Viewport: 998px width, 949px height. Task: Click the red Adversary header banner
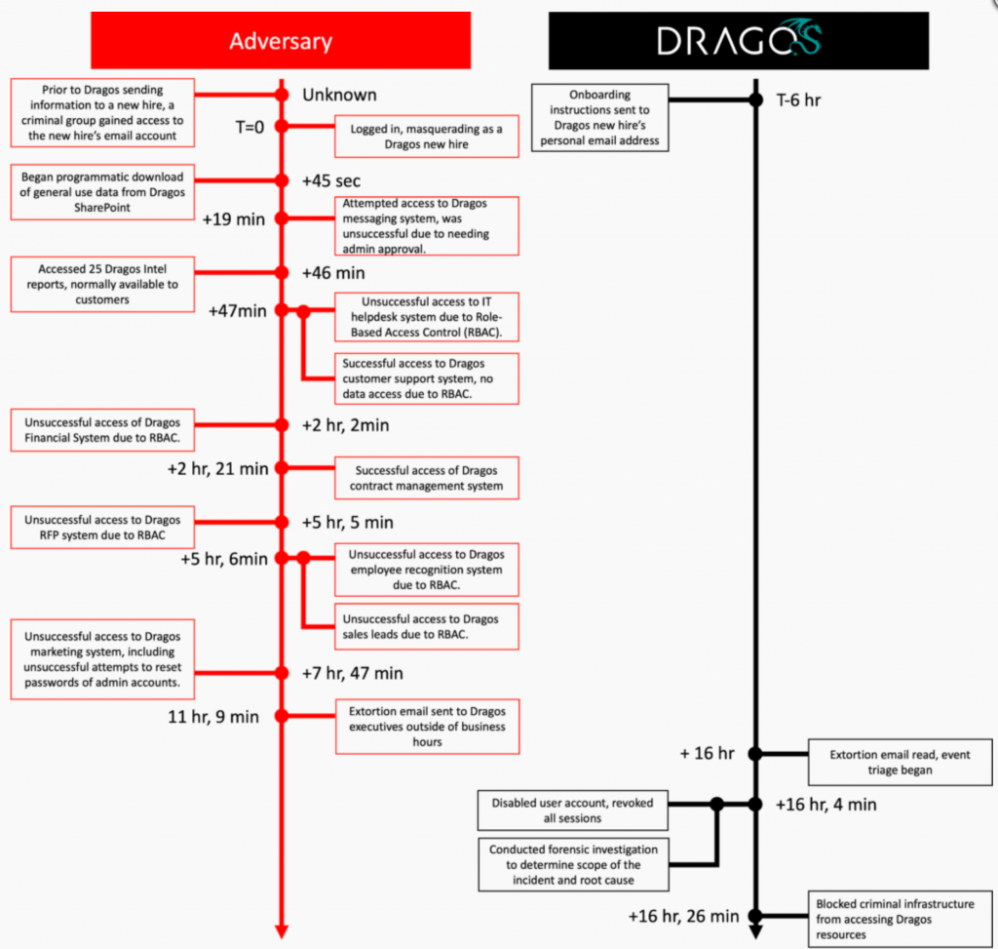point(281,40)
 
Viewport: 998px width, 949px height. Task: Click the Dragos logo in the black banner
point(739,40)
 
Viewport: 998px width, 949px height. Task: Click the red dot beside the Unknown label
point(282,95)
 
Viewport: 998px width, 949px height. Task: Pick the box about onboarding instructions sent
point(599,118)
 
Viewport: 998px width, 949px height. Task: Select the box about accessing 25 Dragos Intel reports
point(102,285)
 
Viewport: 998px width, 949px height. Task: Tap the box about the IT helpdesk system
point(427,317)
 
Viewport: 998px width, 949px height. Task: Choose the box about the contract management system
point(427,478)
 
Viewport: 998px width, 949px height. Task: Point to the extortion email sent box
point(427,726)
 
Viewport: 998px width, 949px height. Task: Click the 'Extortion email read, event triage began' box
point(900,762)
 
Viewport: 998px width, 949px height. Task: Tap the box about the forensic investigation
point(573,864)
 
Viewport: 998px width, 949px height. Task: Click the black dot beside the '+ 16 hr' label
point(754,754)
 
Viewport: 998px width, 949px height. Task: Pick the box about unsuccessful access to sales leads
point(427,626)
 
